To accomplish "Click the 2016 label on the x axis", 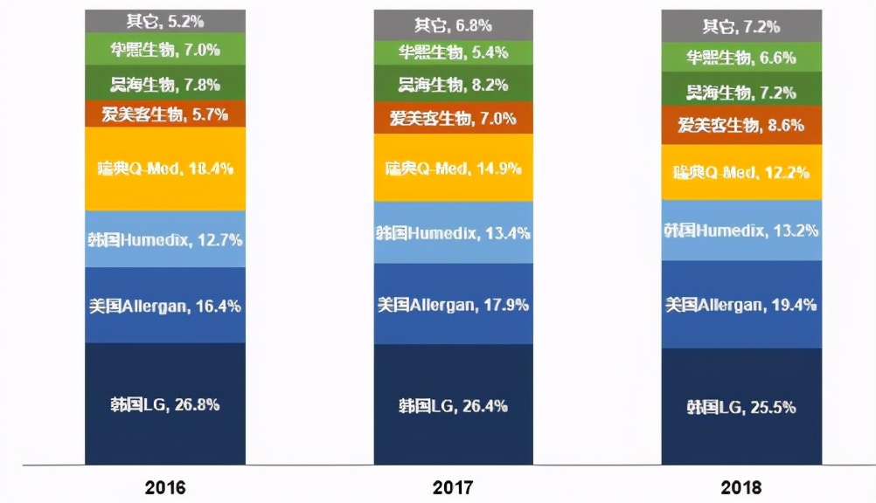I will pyautogui.click(x=165, y=486).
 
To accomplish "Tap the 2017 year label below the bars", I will pyautogui.click(x=453, y=486).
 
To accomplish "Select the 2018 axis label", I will pyautogui.click(x=741, y=486).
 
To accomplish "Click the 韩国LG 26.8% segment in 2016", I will pyautogui.click(x=165, y=403).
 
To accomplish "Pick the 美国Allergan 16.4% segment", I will pyautogui.click(x=165, y=305).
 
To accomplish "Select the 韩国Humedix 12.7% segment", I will pyautogui.click(x=165, y=238).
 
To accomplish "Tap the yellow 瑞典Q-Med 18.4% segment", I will pyautogui.click(x=165, y=169).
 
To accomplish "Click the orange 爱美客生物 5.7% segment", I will pyautogui.click(x=165, y=114).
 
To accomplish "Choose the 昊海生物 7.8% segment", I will pyautogui.click(x=165, y=84).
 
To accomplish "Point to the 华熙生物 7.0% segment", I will pyautogui.click(x=165, y=51).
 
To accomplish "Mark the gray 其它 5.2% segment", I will pyautogui.click(x=165, y=19).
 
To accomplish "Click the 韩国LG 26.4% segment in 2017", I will pyautogui.click(x=453, y=405).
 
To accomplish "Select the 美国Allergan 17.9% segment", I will pyautogui.click(x=453, y=305).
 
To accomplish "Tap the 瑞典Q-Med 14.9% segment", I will pyautogui.click(x=453, y=169).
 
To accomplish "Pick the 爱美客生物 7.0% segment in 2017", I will pyautogui.click(x=453, y=118).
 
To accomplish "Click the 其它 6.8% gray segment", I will pyautogui.click(x=453, y=25).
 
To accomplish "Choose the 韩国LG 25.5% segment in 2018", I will pyautogui.click(x=741, y=407).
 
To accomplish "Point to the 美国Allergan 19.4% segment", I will pyautogui.click(x=741, y=304).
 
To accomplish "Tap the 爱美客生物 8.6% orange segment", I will pyautogui.click(x=741, y=125).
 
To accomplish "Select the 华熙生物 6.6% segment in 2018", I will pyautogui.click(x=741, y=58).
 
